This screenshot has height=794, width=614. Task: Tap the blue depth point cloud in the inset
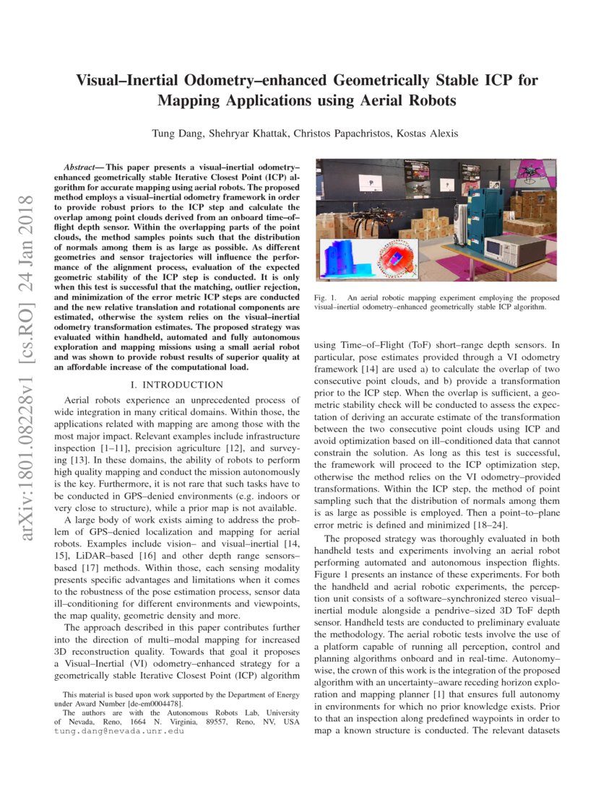[x=350, y=259]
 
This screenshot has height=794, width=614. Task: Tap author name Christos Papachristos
[x=334, y=133]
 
